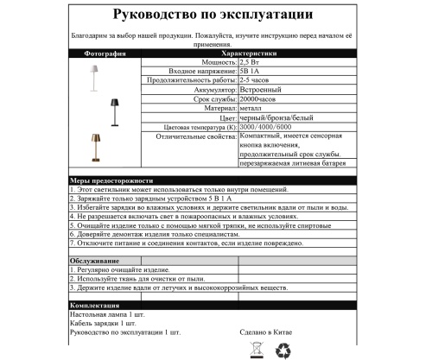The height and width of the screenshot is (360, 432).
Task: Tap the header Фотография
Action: [x=98, y=54]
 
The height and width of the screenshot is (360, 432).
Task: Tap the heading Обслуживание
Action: [x=94, y=260]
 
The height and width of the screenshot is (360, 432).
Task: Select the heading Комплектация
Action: [x=95, y=306]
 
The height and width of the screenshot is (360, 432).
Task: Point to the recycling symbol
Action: [x=284, y=350]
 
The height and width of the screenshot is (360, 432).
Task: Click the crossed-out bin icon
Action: [x=256, y=350]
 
